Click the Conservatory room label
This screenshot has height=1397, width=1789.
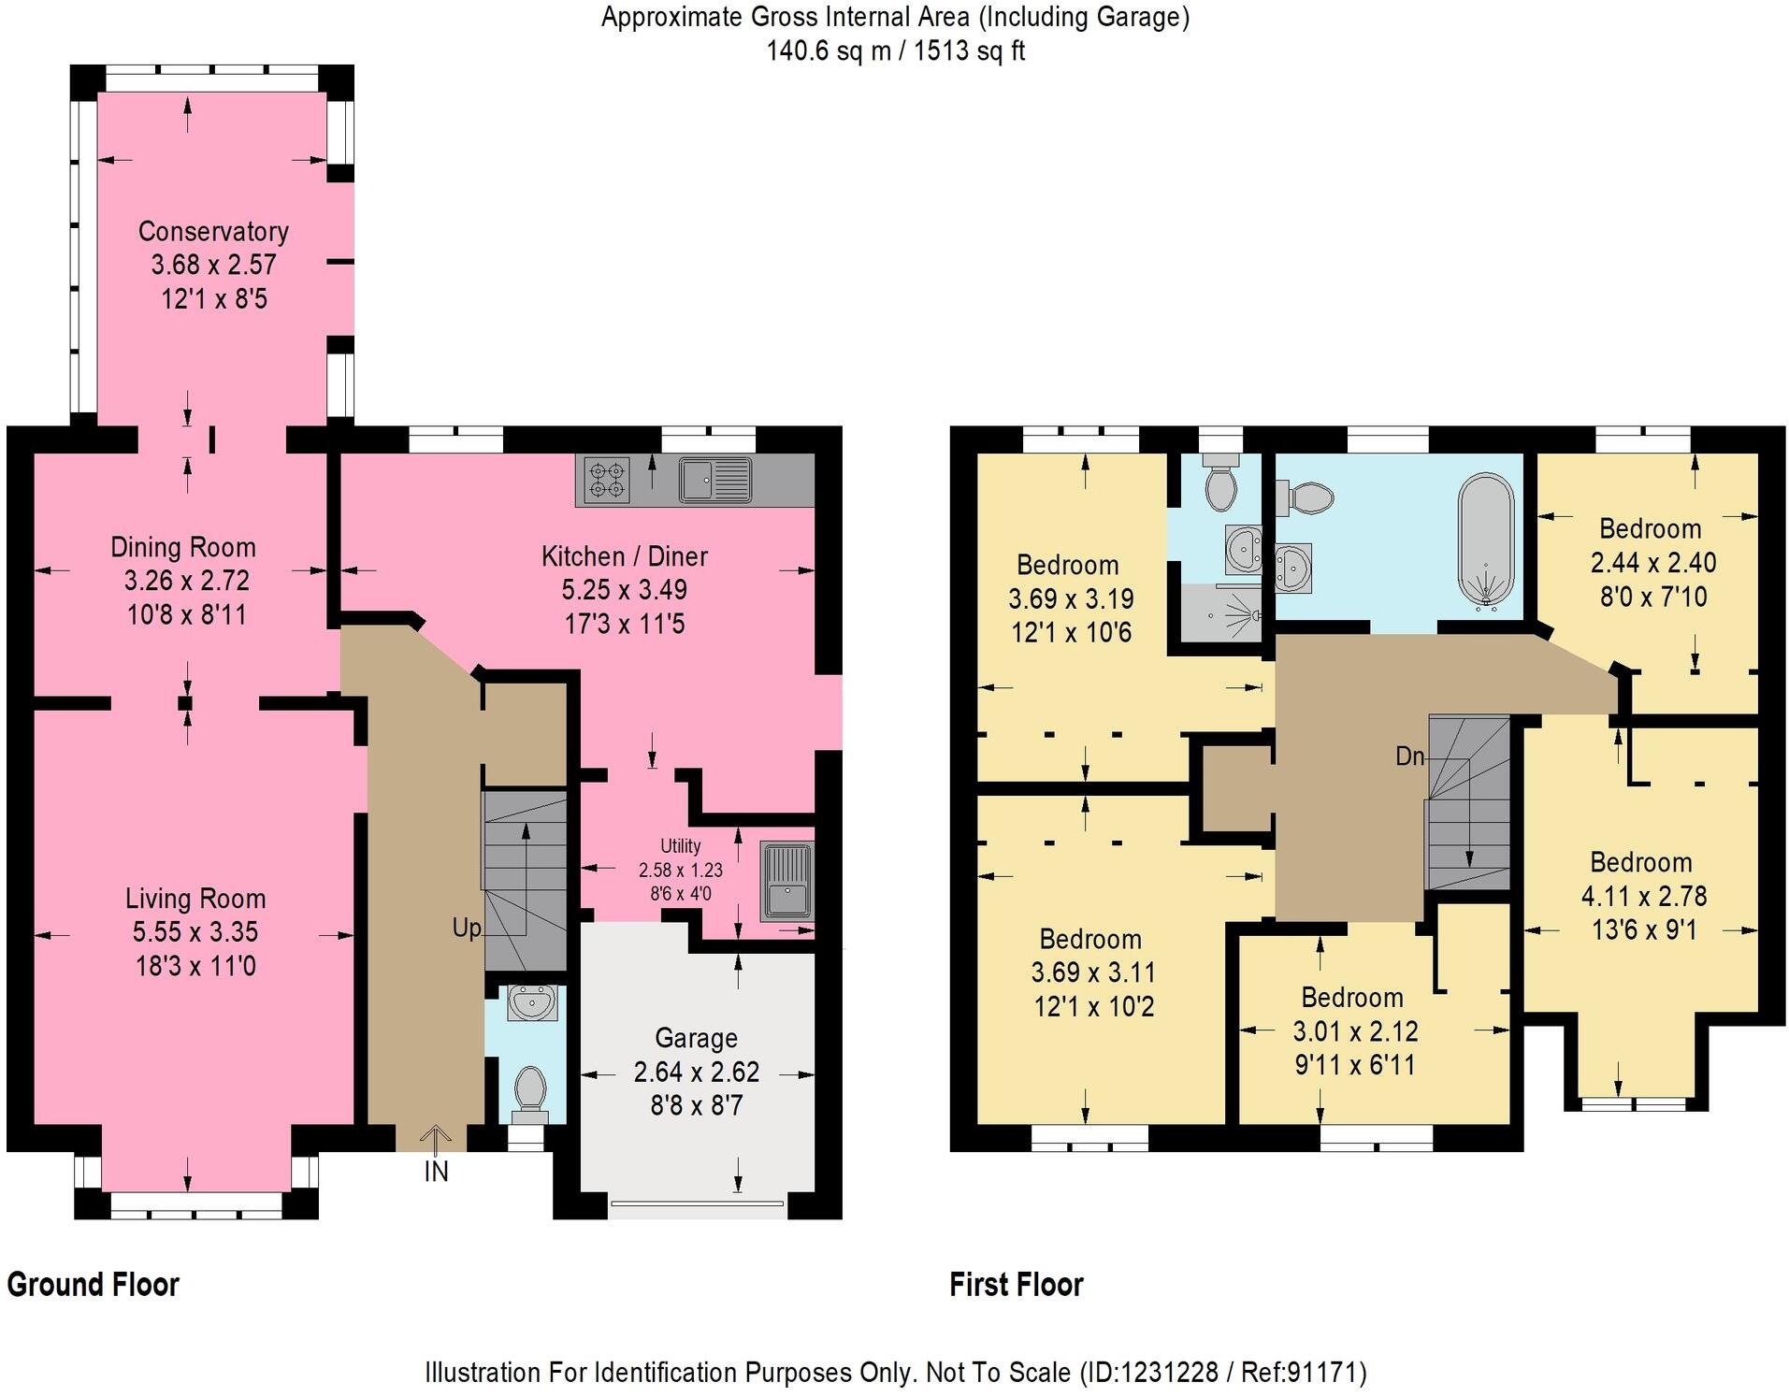(213, 231)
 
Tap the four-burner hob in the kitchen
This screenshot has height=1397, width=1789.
(606, 480)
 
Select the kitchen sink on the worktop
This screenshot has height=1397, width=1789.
(714, 480)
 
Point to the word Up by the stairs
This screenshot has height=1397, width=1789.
(466, 928)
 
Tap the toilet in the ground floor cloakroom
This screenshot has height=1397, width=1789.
(530, 1092)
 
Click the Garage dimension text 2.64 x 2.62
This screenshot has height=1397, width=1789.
(696, 1072)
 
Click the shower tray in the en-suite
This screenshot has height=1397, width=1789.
(1219, 613)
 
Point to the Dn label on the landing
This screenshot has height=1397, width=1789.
(1409, 756)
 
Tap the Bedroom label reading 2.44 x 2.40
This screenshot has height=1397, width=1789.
(1650, 529)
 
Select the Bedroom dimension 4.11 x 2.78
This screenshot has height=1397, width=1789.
(1643, 896)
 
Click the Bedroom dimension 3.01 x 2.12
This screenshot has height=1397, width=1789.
(1355, 1030)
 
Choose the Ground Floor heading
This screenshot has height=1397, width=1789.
(93, 1284)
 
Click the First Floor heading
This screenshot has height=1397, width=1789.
(1016, 1284)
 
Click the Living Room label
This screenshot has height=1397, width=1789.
(195, 899)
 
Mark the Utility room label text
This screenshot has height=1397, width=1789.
(680, 845)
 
